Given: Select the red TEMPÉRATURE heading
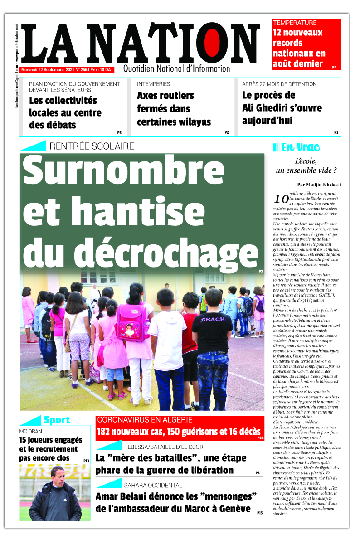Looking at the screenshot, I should point(294,23).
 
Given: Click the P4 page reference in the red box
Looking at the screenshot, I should point(334,67).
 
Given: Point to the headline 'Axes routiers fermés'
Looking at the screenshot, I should point(165,96).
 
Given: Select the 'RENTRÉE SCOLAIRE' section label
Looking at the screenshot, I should point(92,146).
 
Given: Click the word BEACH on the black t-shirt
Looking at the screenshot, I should point(213,319).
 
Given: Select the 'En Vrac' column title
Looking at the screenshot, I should point(300,147).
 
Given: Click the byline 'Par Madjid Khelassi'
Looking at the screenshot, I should point(319,185).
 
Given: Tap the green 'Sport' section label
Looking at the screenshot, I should point(56,420).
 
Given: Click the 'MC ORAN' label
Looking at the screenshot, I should point(31,431).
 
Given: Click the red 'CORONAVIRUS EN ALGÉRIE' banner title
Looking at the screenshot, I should point(145,420).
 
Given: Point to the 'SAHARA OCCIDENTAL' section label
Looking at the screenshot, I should point(153,485).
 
